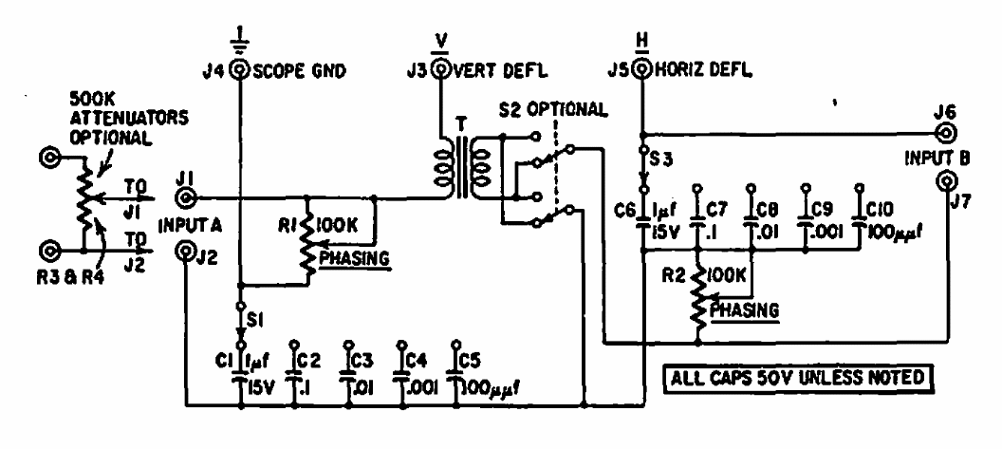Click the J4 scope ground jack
(241, 68)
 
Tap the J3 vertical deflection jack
(440, 68)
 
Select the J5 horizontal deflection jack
(644, 68)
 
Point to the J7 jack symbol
(946, 180)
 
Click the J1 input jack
(186, 198)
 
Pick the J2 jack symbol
(186, 252)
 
